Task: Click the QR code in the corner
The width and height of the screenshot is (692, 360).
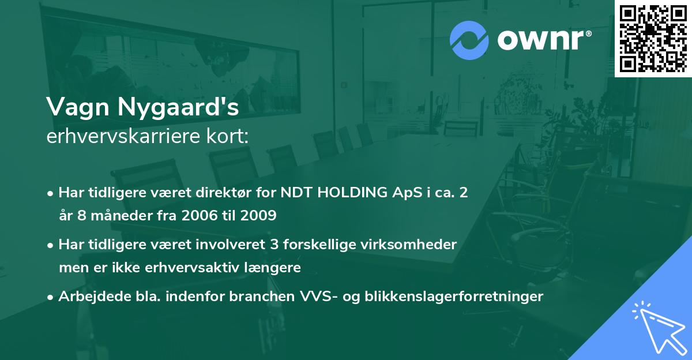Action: click(x=653, y=38)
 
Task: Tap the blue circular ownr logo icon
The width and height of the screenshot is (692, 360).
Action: click(x=469, y=40)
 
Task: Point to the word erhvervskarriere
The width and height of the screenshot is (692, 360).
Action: click(x=121, y=137)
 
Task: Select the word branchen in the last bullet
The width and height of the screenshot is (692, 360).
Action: click(x=262, y=297)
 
